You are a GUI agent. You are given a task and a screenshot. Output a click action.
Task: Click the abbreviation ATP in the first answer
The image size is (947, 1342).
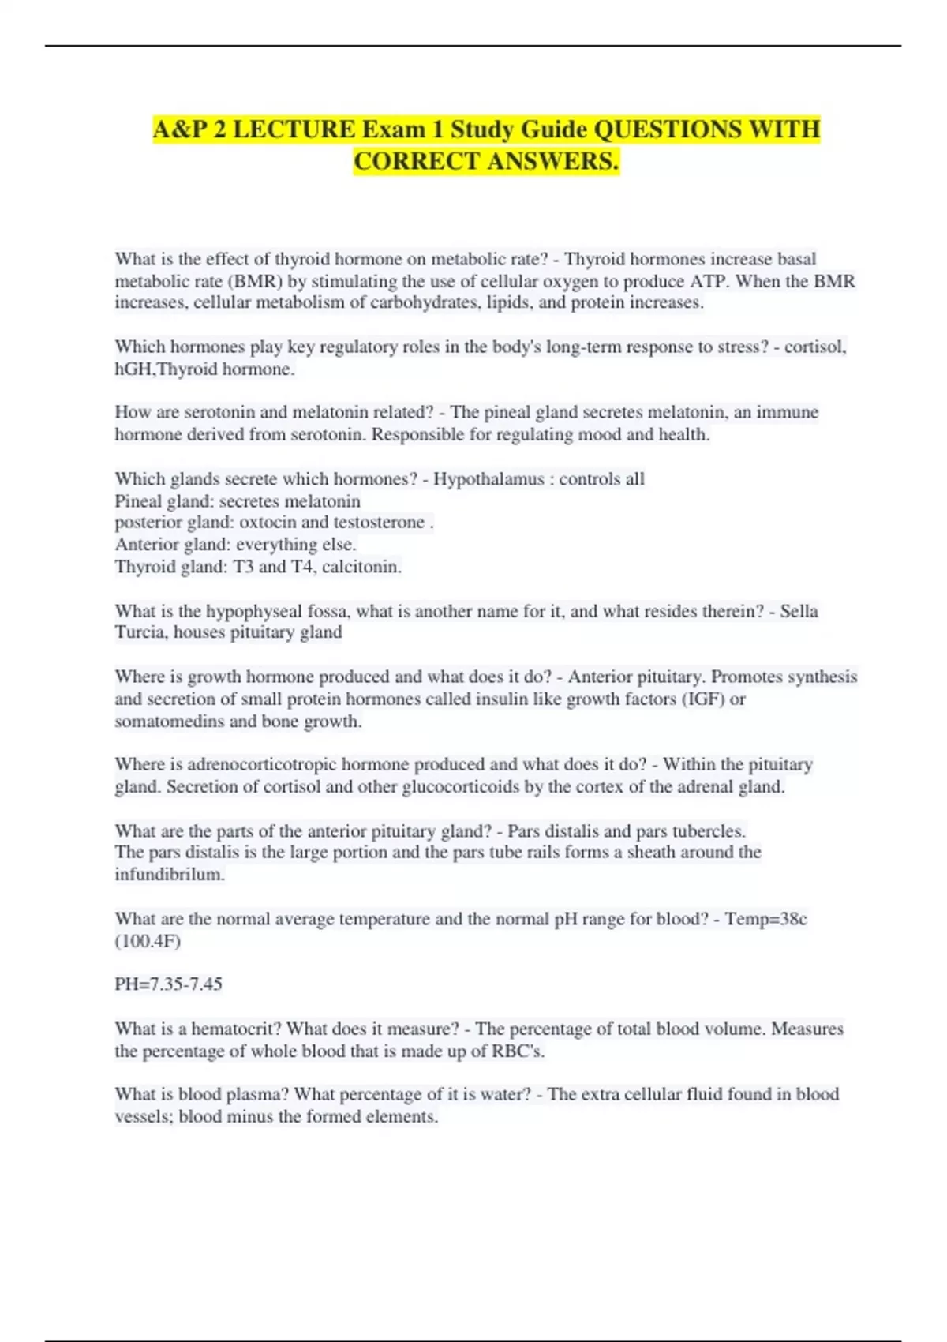pos(707,281)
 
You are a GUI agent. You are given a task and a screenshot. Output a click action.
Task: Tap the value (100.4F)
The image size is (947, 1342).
pos(148,941)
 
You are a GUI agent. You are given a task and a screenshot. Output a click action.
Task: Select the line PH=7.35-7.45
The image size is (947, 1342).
pos(168,984)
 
